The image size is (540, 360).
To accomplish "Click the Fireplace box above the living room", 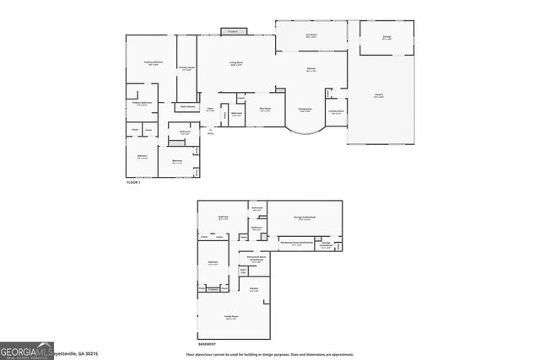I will point(232,31).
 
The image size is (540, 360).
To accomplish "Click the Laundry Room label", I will point(336,112).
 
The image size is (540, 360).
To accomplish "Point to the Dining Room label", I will point(305,110).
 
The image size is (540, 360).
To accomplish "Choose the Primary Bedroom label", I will point(153,63).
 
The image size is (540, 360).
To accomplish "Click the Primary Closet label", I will point(186,69).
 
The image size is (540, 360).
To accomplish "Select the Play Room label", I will point(264,109).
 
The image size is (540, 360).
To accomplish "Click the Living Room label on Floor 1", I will point(236,63).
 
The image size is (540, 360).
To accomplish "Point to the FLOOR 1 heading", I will point(132,182).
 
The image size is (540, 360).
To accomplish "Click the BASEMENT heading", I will point(208,344).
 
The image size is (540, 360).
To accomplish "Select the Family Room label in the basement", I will point(230,317).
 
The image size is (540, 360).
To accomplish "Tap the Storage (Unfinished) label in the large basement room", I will point(305,218).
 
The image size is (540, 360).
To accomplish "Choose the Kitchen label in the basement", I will point(253,291).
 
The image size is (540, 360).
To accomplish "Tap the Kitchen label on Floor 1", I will point(310,70).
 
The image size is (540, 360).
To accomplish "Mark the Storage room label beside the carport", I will point(386,37).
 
